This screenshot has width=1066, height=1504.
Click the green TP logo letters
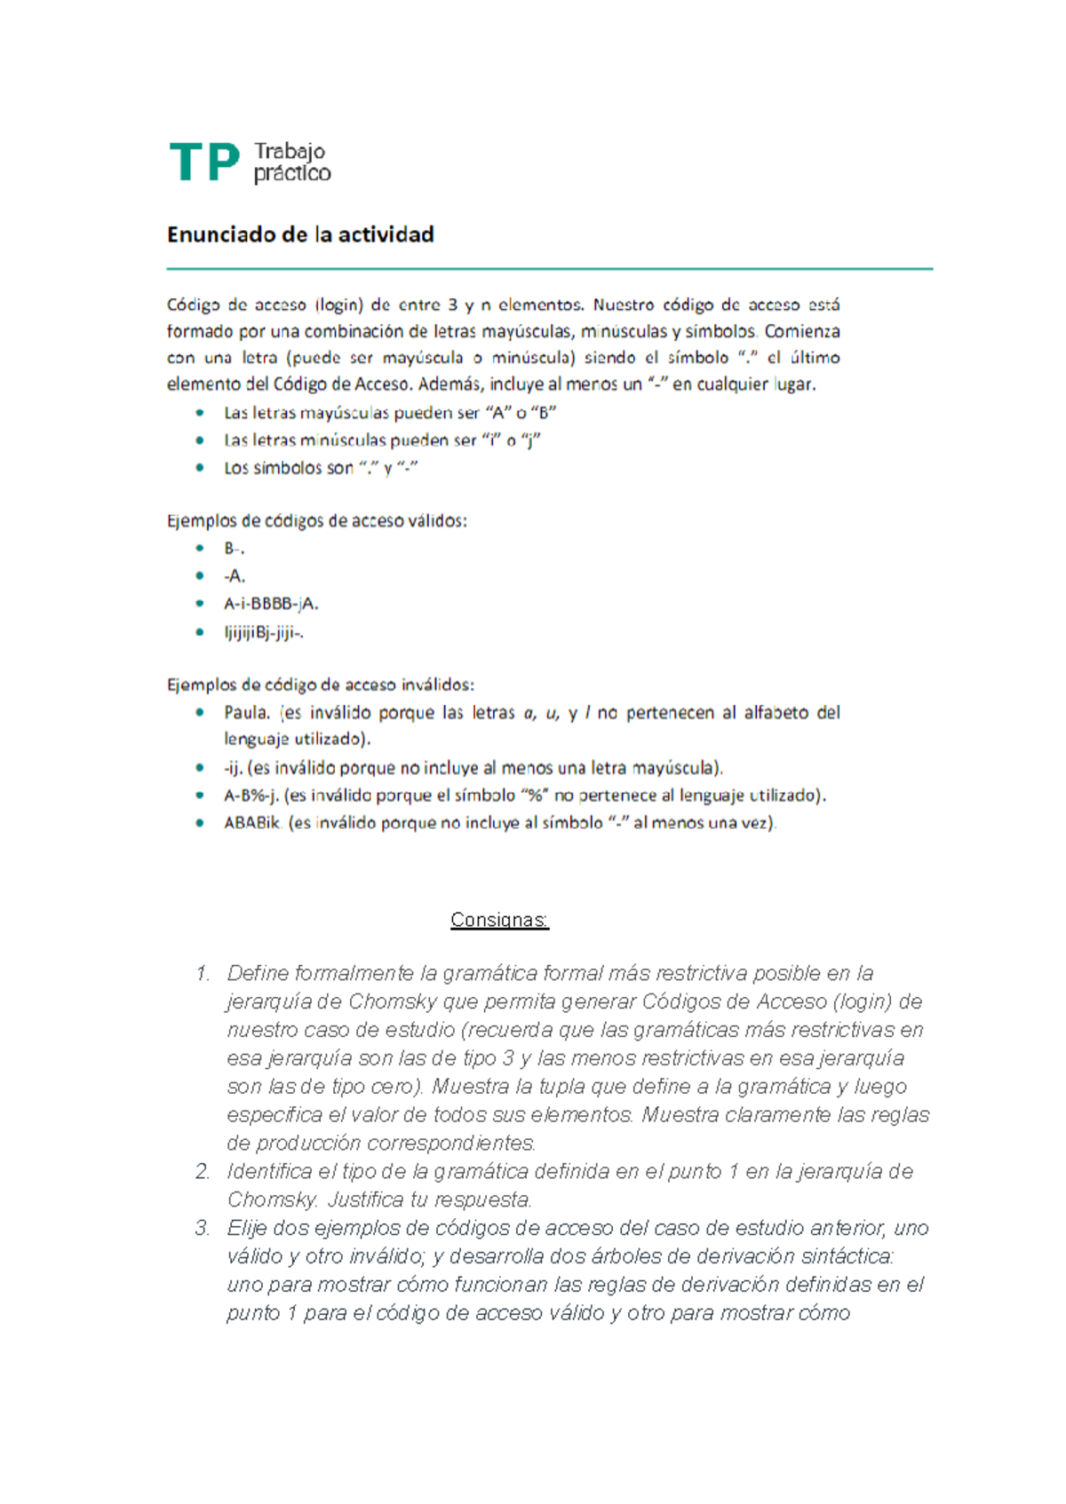click(204, 162)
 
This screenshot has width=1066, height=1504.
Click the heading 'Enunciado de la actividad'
click(300, 234)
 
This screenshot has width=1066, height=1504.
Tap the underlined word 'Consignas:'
click(499, 920)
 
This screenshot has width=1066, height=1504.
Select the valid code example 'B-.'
click(234, 549)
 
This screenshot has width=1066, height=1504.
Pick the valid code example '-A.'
click(235, 576)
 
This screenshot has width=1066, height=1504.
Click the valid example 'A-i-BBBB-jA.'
click(271, 604)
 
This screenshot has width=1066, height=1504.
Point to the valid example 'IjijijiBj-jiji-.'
click(264, 632)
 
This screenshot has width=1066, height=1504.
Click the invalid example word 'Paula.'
click(247, 712)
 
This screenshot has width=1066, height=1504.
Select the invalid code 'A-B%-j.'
click(251, 796)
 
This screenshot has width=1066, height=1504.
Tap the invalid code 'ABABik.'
click(252, 823)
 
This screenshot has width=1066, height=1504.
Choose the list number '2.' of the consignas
click(203, 1172)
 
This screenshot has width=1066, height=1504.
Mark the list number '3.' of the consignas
click(203, 1229)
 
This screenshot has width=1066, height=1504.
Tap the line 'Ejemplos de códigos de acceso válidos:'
click(316, 521)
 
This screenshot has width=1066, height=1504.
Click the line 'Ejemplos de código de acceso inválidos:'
click(320, 685)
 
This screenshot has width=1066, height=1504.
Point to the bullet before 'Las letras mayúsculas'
click(201, 413)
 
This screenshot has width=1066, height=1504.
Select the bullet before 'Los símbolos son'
click(201, 467)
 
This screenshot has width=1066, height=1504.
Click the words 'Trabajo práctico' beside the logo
click(292, 162)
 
